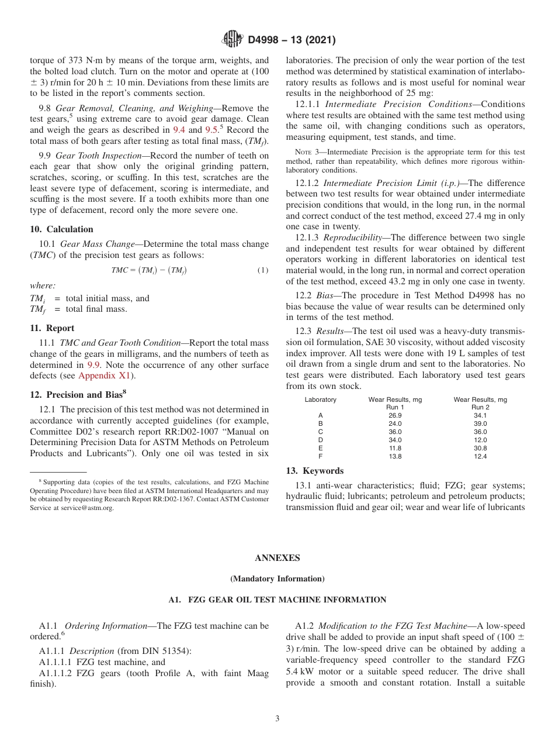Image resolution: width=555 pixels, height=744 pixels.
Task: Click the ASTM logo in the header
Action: [x=232, y=40]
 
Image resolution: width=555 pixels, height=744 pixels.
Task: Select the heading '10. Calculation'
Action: [x=61, y=229]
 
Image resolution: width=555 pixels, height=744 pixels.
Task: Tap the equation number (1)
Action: [x=263, y=270]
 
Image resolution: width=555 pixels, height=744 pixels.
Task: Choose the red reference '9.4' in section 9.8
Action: [x=179, y=130]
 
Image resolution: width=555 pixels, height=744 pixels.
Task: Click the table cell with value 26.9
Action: [x=395, y=415]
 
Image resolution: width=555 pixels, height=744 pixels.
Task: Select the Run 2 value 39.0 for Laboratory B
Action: [x=480, y=423]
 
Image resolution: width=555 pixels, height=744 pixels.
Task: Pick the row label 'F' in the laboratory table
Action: [x=320, y=456]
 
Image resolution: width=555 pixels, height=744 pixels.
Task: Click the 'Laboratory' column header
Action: [x=320, y=399]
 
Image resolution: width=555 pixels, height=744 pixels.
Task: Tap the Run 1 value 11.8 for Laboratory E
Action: [x=395, y=448]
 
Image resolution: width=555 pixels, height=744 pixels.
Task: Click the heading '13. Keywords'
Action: [x=314, y=471]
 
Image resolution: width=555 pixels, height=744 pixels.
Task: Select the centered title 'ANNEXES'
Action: [x=277, y=558]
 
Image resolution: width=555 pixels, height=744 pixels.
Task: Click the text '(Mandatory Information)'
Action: [x=277, y=579]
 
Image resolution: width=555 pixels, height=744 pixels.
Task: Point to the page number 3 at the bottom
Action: [x=277, y=719]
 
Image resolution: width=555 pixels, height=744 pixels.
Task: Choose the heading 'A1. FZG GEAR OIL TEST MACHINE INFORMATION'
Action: [x=277, y=600]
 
